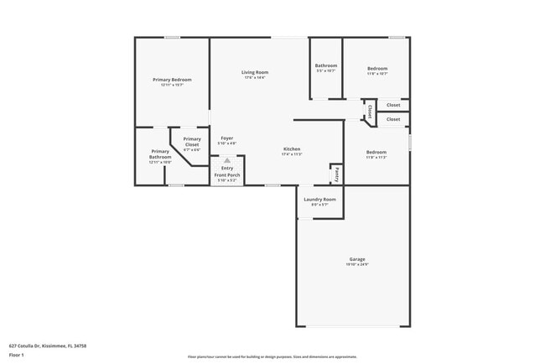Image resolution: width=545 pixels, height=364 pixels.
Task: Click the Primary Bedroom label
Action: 172,80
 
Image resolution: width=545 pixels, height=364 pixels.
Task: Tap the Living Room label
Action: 254,72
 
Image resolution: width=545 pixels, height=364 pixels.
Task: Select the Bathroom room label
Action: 325,65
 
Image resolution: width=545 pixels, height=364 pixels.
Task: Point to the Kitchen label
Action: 291,149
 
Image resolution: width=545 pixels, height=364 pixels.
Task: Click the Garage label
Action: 357,259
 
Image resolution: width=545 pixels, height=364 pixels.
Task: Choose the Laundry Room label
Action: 319,199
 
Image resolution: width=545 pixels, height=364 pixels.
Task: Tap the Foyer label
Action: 227,138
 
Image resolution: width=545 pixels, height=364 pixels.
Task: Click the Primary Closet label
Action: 192,141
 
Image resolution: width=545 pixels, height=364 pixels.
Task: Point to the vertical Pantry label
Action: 336,175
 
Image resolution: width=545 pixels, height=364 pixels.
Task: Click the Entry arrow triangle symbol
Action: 227,159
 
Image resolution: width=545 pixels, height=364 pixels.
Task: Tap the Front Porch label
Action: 227,174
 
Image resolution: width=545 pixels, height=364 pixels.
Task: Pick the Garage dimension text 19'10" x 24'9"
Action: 357,265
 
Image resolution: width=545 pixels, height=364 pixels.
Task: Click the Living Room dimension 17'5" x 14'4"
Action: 254,78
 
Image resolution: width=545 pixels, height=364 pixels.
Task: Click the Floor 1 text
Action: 16,355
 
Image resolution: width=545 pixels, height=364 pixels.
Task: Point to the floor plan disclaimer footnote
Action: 272,356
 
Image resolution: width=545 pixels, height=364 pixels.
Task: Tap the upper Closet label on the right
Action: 393,105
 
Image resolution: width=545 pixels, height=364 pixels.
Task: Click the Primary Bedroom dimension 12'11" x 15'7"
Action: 172,85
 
